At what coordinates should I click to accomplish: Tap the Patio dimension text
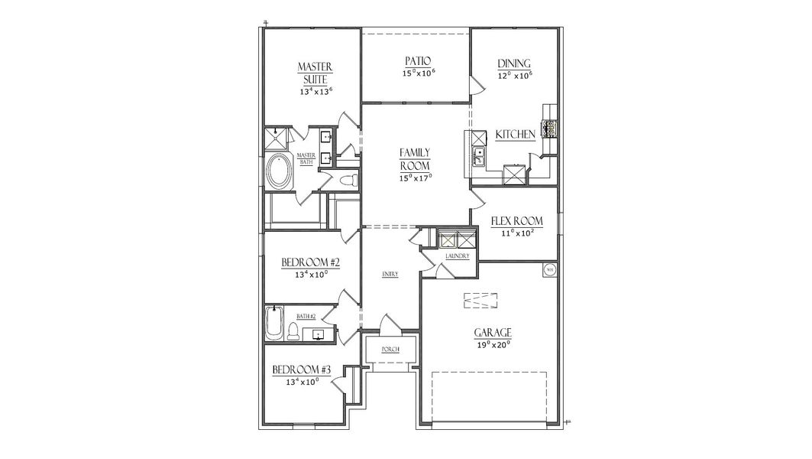click(418, 73)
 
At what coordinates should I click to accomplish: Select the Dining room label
click(514, 63)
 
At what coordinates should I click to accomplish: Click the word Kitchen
click(515, 135)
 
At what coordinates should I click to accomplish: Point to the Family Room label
click(416, 159)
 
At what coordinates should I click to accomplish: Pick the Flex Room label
click(522, 221)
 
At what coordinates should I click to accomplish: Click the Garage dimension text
click(492, 345)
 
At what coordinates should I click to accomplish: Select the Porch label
click(390, 350)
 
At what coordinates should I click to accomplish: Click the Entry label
click(390, 274)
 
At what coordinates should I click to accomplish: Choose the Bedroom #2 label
click(310, 262)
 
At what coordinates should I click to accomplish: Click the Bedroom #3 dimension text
click(301, 382)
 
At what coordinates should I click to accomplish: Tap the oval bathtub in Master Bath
click(279, 171)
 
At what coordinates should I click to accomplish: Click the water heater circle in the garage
click(549, 269)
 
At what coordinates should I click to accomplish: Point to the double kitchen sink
click(478, 157)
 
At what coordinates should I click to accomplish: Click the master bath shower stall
click(276, 138)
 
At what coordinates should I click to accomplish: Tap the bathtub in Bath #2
click(274, 324)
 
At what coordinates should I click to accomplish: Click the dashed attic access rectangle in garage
click(480, 301)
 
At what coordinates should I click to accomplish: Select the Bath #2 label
click(306, 316)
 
